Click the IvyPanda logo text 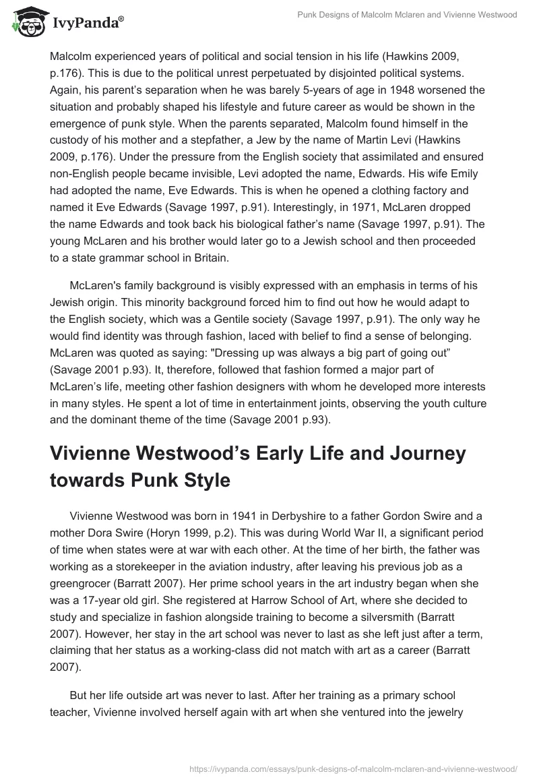click(x=88, y=24)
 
